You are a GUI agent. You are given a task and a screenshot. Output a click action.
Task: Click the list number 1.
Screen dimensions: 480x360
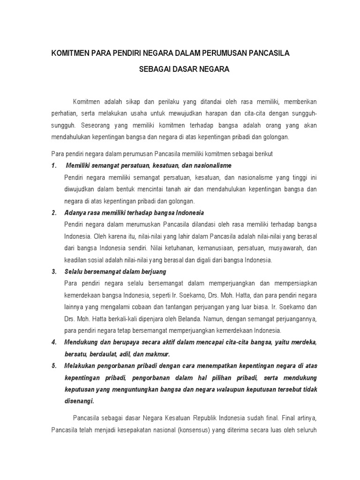pyautogui.click(x=53, y=165)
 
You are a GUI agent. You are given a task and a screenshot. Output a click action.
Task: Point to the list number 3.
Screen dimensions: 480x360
pyautogui.click(x=53, y=271)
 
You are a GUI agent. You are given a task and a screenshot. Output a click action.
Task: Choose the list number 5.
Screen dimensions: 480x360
pyautogui.click(x=53, y=366)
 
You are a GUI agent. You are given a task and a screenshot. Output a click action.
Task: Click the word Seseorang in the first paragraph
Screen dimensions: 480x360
pyautogui.click(x=96, y=126)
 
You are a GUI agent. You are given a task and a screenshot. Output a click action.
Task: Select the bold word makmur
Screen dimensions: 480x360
pyautogui.click(x=159, y=354)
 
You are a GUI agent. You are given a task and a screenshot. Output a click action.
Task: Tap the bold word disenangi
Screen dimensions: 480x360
pyautogui.click(x=80, y=401)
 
